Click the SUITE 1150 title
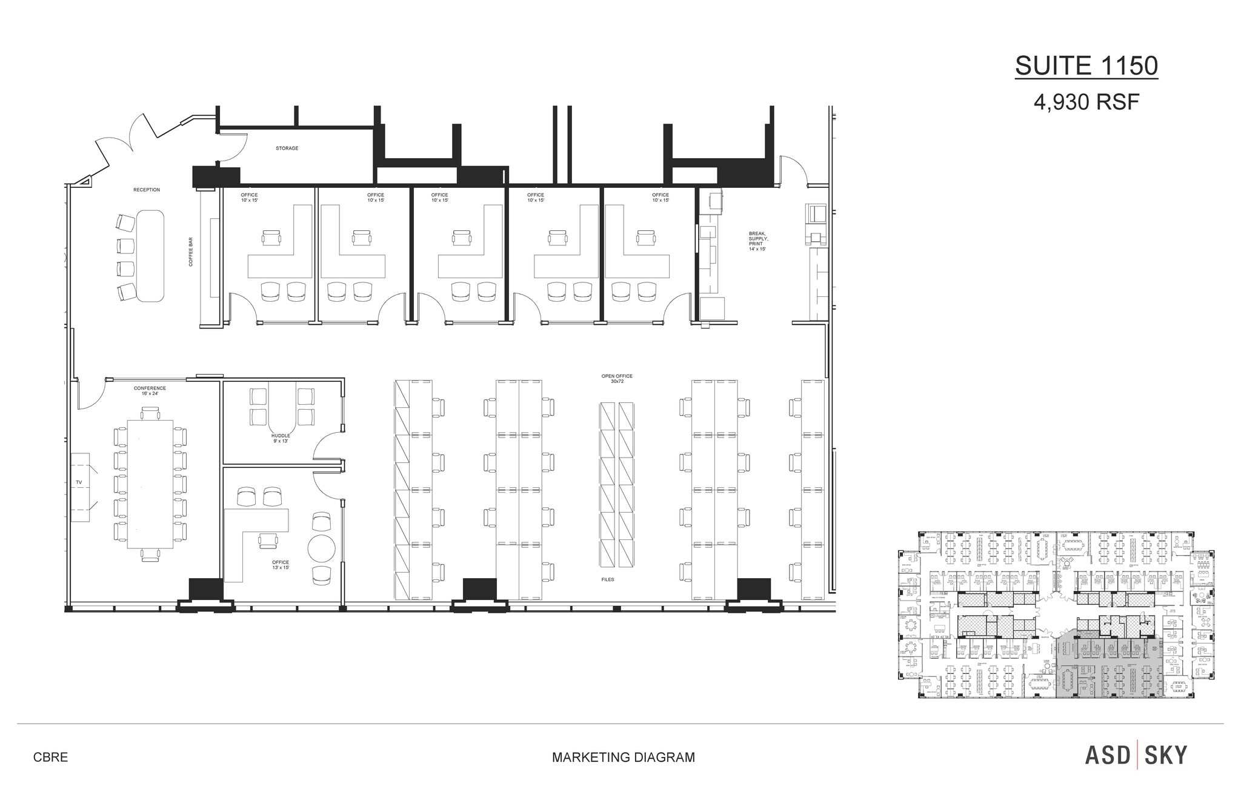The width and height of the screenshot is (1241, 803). point(1086,66)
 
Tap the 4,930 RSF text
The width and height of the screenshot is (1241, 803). point(1086,102)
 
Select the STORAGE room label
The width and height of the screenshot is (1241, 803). point(287,148)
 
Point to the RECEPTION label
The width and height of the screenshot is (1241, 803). point(147,190)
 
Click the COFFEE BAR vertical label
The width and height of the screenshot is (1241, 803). point(191,252)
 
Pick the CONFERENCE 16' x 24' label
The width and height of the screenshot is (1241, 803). point(150,391)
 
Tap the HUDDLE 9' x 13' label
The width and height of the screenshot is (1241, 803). point(281,438)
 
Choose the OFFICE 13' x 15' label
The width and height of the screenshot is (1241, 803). point(281,565)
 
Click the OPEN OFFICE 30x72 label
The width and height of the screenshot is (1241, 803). point(617,379)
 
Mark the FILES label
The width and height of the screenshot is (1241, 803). point(608,580)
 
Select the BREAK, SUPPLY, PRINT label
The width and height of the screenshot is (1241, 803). point(757,241)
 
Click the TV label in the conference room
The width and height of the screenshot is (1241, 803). point(79,482)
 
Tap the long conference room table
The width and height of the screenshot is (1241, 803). point(150,484)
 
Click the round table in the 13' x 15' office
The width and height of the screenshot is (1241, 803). point(321,548)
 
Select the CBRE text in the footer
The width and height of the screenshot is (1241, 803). point(50,758)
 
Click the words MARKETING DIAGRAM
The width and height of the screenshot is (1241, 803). point(623,758)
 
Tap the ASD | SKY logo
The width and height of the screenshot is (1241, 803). point(1136,756)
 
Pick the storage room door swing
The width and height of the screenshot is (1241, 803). point(235,148)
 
